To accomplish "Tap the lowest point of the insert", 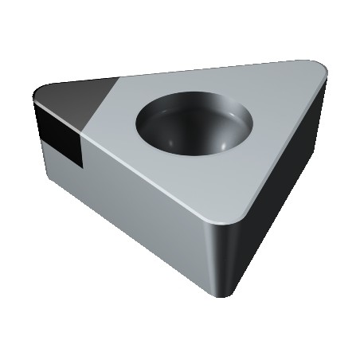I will click(x=231, y=295).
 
